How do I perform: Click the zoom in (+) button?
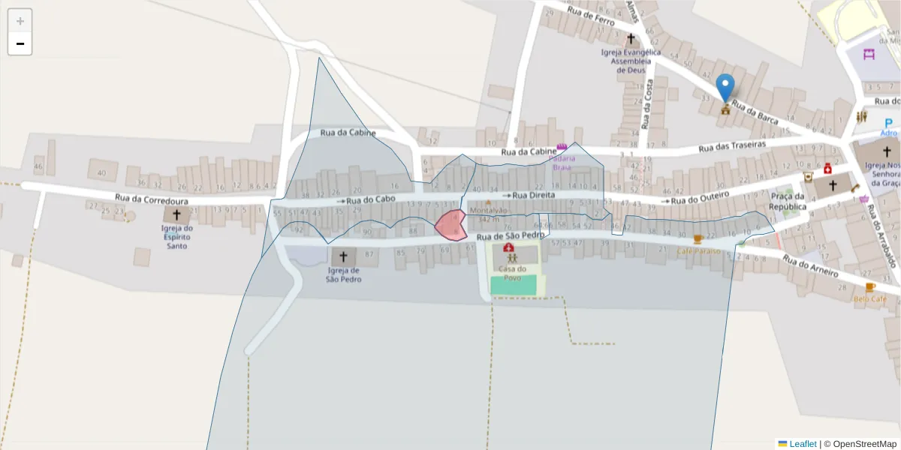[20, 21]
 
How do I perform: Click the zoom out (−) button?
[20, 43]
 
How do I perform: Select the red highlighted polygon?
[450, 225]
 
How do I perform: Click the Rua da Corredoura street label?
[152, 199]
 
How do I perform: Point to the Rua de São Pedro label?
[511, 236]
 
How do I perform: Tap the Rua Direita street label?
[533, 195]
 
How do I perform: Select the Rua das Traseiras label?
[732, 146]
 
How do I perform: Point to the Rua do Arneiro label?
[811, 267]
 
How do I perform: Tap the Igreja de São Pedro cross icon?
[343, 256]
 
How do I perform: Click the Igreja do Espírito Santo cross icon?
[176, 214]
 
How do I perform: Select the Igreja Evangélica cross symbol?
[631, 38]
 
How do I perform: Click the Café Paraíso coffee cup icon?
[698, 239]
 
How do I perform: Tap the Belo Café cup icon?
[870, 287]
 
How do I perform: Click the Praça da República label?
[788, 201]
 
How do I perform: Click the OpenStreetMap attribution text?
[864, 444]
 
